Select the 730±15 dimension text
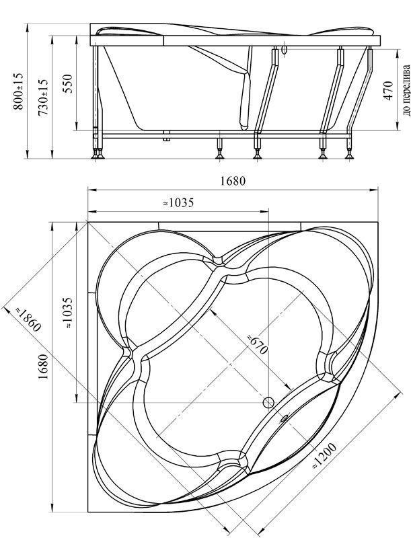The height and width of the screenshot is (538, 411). click(x=43, y=93)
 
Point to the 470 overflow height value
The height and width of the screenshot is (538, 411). click(x=388, y=90)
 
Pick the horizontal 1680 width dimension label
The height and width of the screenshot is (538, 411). click(x=233, y=181)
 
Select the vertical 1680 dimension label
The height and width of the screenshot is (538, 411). click(x=43, y=367)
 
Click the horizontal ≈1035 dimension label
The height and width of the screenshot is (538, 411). click(x=178, y=202)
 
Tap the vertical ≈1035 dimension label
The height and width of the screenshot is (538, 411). click(x=67, y=313)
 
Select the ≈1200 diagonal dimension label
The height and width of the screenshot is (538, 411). click(x=324, y=457)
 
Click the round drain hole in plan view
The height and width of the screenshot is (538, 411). click(x=268, y=403)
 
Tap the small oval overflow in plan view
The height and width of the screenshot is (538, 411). click(x=285, y=418)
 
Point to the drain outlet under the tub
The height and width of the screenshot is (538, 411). click(x=167, y=136)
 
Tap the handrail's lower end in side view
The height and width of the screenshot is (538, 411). click(x=244, y=126)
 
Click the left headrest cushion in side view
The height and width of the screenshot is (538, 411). click(x=128, y=31)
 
